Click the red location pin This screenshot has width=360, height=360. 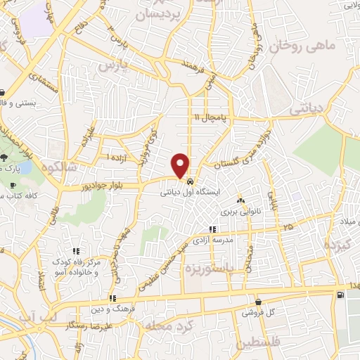(181, 165)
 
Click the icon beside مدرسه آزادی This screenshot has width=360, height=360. (213, 229)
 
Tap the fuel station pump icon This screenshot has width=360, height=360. (341, 295)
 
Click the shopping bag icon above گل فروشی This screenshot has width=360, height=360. (259, 302)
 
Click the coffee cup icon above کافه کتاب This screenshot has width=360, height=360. (14, 185)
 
